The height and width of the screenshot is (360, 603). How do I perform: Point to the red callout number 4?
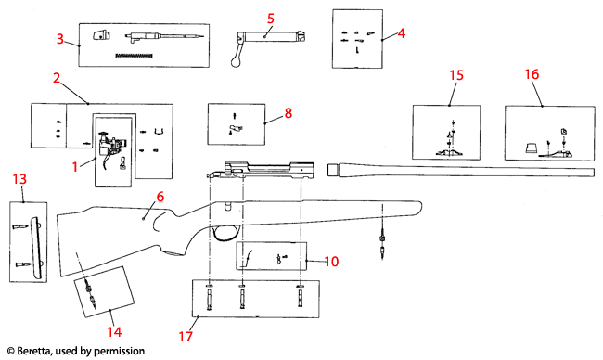pos(402,33)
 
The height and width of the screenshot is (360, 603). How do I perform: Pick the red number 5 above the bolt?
pos(271,18)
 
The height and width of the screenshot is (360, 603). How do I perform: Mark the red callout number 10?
pos(332,262)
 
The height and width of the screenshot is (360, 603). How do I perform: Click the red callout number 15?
pos(455,74)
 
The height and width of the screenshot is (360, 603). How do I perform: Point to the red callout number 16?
pos(532,74)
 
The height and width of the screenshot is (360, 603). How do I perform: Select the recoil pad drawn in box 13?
pos(36,243)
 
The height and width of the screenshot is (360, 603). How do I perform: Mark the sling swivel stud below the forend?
pos(383,246)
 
